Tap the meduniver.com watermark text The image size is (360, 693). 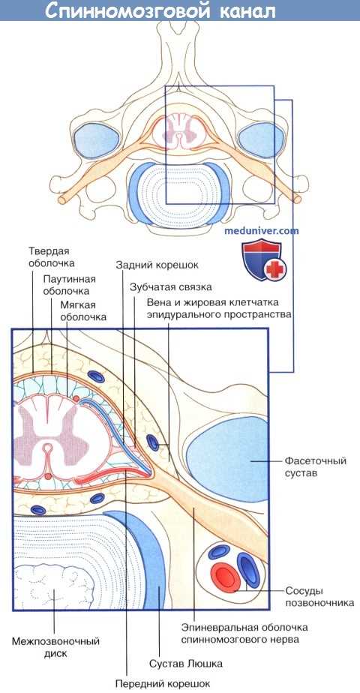tap(262, 230)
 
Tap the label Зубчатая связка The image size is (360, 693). tap(170, 286)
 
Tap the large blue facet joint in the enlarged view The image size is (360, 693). tap(219, 465)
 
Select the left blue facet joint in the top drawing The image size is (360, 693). tap(96, 140)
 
